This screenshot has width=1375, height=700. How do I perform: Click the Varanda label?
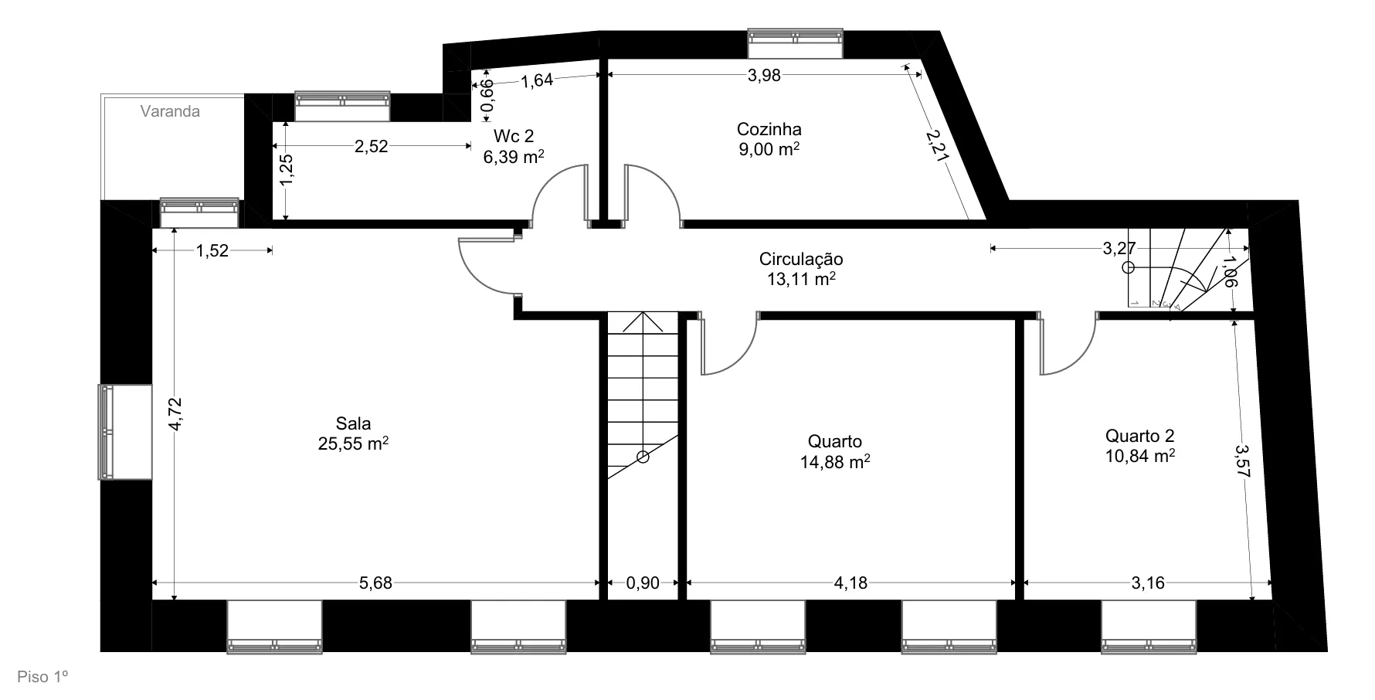point(170,111)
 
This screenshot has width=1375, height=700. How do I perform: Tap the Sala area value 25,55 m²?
point(353,443)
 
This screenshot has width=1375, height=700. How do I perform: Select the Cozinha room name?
point(769,129)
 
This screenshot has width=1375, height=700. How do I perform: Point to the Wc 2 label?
point(514,137)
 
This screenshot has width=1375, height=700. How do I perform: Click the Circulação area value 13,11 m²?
point(801,278)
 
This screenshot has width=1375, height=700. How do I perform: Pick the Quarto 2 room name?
point(1140,436)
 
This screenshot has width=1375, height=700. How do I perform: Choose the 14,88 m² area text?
point(835,461)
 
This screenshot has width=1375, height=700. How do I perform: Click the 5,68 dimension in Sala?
point(376,583)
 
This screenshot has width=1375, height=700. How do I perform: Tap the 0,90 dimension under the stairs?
point(643,583)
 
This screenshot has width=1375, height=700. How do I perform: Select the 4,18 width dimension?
point(850,583)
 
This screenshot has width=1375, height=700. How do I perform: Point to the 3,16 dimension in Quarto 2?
point(1148,583)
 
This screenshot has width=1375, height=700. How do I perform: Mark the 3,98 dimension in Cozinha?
point(765,75)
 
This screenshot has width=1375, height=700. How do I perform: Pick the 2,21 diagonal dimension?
point(937,145)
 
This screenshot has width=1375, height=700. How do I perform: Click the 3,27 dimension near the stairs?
point(1119,248)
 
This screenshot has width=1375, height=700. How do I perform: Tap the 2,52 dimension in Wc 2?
point(371,147)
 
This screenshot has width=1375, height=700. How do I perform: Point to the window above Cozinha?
point(795,43)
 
